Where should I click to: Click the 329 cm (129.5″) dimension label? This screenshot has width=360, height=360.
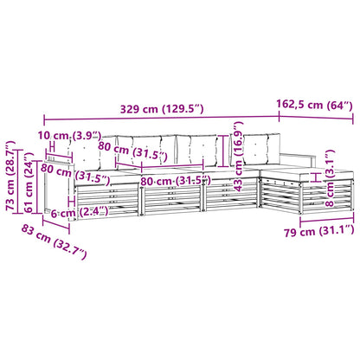162,109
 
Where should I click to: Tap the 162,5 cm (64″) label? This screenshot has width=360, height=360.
314,105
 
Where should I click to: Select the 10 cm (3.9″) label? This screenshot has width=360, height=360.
69,135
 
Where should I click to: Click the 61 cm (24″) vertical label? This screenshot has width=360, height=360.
29,183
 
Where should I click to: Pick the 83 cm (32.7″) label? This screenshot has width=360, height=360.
54,241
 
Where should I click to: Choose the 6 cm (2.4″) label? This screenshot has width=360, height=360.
80,212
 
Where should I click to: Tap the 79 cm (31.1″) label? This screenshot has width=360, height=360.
318,231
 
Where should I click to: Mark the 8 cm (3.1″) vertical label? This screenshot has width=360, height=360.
330,178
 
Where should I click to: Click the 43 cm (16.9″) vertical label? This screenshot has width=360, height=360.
239,157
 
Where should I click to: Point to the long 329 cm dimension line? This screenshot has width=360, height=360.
162,118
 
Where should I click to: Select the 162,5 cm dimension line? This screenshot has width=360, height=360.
316,118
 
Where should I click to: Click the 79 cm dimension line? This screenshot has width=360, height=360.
327,222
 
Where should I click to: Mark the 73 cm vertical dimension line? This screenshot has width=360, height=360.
19,182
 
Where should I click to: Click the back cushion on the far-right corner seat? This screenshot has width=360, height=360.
260,149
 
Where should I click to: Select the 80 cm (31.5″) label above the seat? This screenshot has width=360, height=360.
132,151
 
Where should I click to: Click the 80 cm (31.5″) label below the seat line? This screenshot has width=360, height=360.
176,181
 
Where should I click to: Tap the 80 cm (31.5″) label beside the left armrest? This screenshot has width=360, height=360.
75,175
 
